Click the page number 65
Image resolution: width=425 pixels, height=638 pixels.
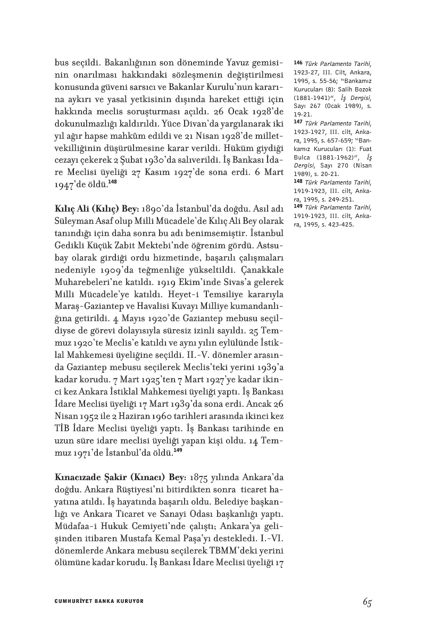(x=367, y=601)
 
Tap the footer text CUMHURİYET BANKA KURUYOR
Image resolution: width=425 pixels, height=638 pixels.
(x=99, y=601)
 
